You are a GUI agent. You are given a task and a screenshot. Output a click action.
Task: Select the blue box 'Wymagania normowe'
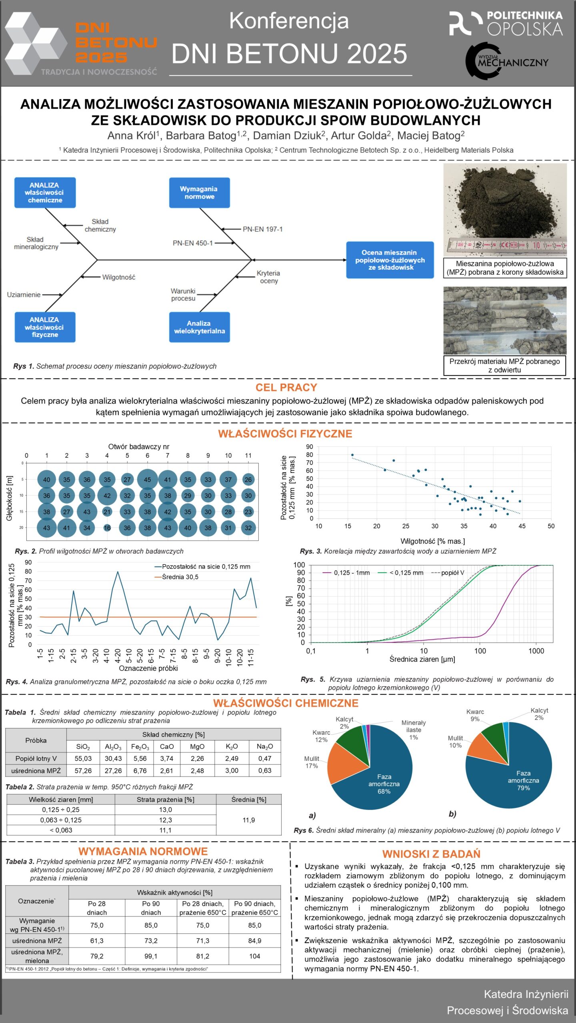point(199,193)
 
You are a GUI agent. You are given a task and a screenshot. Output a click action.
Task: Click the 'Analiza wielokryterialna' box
point(199,327)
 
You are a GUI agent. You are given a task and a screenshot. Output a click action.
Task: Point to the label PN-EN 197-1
point(262,229)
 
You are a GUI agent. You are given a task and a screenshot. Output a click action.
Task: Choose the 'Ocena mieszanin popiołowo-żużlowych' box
point(390,260)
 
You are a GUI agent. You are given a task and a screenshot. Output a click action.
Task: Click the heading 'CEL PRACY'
point(286,387)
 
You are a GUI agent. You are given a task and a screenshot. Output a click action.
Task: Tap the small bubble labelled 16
point(107,528)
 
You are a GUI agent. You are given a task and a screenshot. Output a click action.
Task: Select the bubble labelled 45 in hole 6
point(147,480)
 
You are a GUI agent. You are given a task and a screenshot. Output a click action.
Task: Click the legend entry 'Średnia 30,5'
point(180,577)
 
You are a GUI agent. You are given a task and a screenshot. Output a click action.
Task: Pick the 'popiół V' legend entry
point(452,573)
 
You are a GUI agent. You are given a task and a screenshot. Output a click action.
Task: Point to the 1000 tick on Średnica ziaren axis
point(536,651)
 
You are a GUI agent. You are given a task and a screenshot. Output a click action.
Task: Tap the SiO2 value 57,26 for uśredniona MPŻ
point(83,770)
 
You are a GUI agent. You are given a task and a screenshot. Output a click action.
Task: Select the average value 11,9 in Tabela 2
point(248,820)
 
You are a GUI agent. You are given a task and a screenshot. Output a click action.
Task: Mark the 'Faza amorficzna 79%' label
point(523,780)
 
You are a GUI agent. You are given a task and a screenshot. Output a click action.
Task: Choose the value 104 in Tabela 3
point(254,956)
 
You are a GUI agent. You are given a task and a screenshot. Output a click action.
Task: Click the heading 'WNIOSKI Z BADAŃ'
point(431,854)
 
